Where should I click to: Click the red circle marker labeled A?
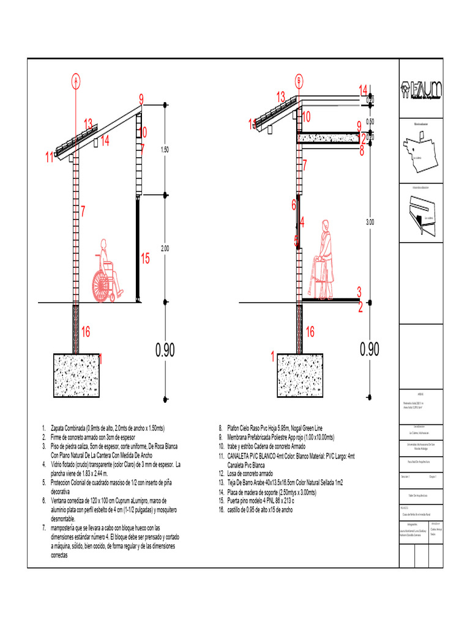[76, 80]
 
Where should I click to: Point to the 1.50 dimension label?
[164, 149]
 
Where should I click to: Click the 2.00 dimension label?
[164, 248]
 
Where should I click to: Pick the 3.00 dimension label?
[370, 223]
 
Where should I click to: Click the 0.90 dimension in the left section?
[165, 350]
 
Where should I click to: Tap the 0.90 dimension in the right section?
[370, 349]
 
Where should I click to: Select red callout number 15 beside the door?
[145, 259]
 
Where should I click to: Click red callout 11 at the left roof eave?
[50, 158]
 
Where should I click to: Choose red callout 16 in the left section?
[86, 332]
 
